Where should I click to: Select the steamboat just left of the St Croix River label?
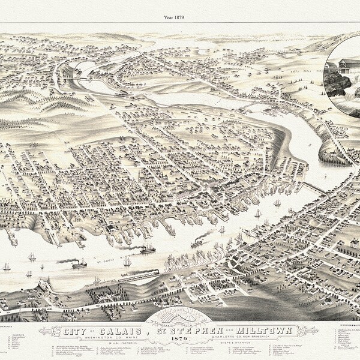[79, 263]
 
